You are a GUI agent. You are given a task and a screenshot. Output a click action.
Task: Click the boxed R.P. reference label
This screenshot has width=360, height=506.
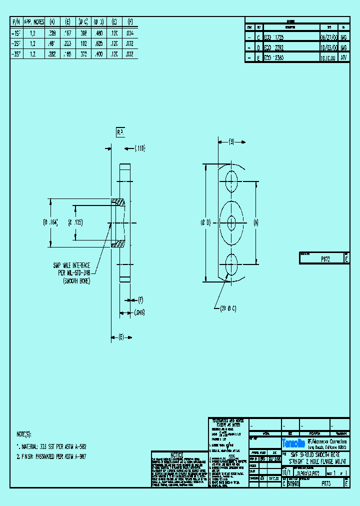(121, 131)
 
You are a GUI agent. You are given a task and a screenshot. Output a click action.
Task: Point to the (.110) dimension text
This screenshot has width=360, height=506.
(139, 148)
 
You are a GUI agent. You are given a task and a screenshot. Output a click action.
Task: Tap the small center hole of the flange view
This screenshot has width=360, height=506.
(231, 222)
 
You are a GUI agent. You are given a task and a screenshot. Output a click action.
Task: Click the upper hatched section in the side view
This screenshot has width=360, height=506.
(119, 202)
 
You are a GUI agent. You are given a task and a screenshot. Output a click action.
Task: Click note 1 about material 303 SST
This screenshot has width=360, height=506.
(52, 444)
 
